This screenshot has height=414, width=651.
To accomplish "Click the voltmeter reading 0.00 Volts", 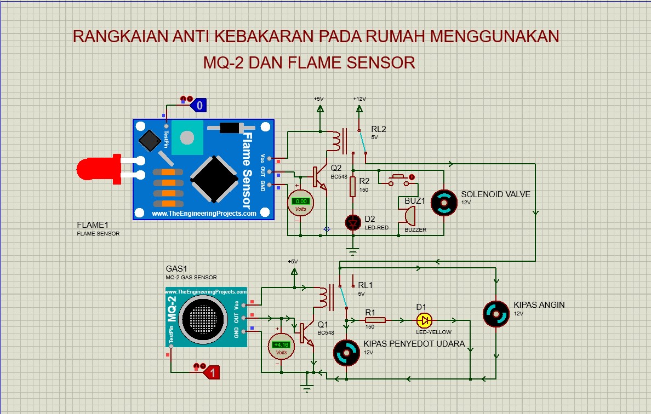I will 301,202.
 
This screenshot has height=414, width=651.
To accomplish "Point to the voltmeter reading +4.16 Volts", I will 281,345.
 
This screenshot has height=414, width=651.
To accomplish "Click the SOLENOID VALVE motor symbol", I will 444,202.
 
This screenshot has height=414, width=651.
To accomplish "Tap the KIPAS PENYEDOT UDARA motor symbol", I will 346,353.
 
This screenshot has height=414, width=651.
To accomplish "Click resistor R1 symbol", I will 375,320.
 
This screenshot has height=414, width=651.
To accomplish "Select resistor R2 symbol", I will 353,187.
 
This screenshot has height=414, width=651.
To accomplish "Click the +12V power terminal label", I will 359,99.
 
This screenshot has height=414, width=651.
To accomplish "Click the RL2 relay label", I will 379,130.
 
